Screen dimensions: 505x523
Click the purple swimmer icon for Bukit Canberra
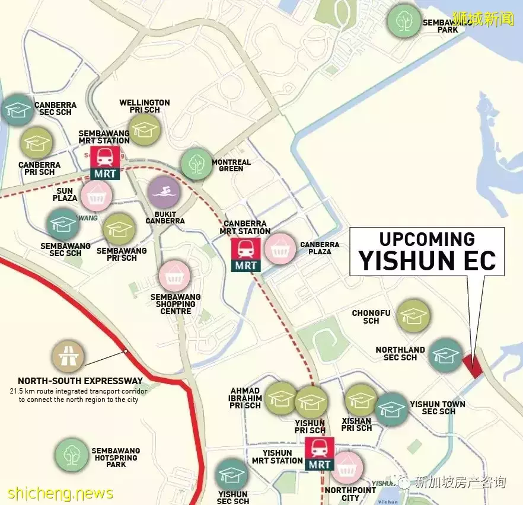pos(164,193)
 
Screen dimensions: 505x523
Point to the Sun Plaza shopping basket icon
pos(96,196)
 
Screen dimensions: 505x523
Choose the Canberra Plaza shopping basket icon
pos(280,249)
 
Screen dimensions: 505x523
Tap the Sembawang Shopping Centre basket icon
pos(174,276)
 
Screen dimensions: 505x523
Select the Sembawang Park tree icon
pos(404,21)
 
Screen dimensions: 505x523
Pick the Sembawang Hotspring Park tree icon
pos(72,455)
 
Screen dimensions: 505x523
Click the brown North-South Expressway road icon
pos(68,357)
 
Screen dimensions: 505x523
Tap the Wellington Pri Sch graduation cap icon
pos(145,129)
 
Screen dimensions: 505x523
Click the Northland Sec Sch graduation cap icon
pos(446,355)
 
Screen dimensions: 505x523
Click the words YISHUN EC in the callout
pos(427,260)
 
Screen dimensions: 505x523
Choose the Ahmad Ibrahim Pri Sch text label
pos(245,398)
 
